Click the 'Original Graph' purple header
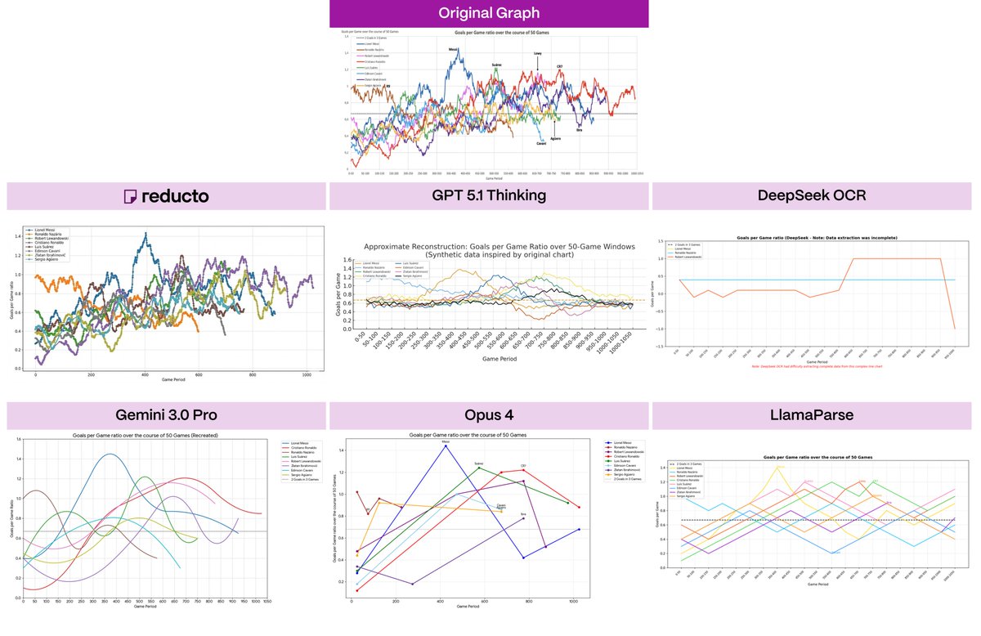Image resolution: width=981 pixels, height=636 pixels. click(x=489, y=13)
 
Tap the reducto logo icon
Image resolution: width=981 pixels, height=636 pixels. click(x=130, y=196)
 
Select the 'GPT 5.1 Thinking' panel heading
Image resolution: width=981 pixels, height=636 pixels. click(x=488, y=196)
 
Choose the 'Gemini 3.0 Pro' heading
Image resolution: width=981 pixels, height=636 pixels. click(x=165, y=414)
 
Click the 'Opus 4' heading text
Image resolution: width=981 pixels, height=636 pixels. click(x=488, y=414)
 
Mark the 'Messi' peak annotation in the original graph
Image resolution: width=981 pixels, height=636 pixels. click(x=453, y=49)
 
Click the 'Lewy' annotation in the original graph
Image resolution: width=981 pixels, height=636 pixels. click(x=537, y=54)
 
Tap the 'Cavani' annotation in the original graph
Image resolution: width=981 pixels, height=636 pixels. click(x=541, y=144)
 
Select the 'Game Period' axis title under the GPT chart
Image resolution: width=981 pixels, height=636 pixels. click(x=488, y=358)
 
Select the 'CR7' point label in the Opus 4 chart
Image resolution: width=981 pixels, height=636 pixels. click(x=523, y=467)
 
